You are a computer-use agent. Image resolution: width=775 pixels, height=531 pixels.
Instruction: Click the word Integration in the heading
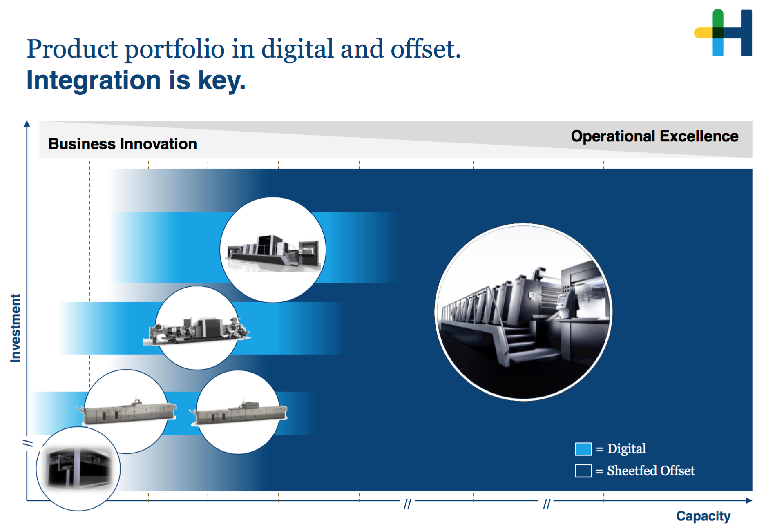[x=94, y=81]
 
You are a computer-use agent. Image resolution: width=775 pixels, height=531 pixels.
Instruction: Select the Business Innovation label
[x=123, y=144]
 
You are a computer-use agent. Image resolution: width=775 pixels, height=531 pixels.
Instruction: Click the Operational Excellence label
[x=654, y=136]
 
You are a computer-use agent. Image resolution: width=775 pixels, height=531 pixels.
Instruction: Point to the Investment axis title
[x=16, y=328]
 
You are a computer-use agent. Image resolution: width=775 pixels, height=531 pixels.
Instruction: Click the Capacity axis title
[x=704, y=516]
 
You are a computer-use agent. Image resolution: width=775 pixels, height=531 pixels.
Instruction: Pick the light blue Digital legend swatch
[x=583, y=449]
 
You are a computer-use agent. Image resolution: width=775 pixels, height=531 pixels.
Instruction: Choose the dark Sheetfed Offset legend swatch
[x=583, y=471]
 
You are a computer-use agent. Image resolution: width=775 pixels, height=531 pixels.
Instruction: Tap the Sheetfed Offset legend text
[x=651, y=471]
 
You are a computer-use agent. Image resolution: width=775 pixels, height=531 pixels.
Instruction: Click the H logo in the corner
[x=723, y=32]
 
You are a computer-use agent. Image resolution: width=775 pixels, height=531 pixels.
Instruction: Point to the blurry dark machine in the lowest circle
[x=78, y=468]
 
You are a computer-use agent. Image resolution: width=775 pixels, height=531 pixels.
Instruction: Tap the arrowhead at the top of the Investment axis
[x=27, y=123]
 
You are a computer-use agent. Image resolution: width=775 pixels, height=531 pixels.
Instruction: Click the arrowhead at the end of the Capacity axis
[x=749, y=500]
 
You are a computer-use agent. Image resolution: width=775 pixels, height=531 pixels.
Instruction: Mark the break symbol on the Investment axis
[x=27, y=443]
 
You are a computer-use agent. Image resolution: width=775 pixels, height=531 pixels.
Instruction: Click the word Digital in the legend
[x=627, y=449]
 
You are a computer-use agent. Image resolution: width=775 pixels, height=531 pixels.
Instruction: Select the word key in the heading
[x=222, y=81]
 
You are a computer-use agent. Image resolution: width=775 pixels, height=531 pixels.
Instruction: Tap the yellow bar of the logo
[x=704, y=33]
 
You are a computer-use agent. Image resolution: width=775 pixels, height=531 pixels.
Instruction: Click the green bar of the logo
[x=718, y=18]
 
